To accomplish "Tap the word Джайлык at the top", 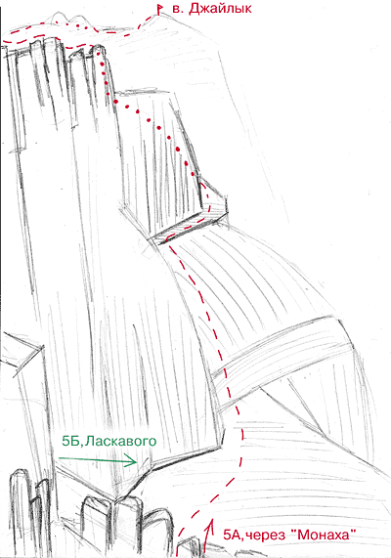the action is pos(220,9).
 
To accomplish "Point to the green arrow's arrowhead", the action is pos(133,462).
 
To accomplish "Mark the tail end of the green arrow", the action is pos(59,458).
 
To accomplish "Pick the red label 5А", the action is pos(232,535).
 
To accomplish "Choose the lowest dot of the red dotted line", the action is pos(193,174).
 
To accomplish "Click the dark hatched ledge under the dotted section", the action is pos(191,226).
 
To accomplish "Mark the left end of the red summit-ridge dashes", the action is pos(4,42).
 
